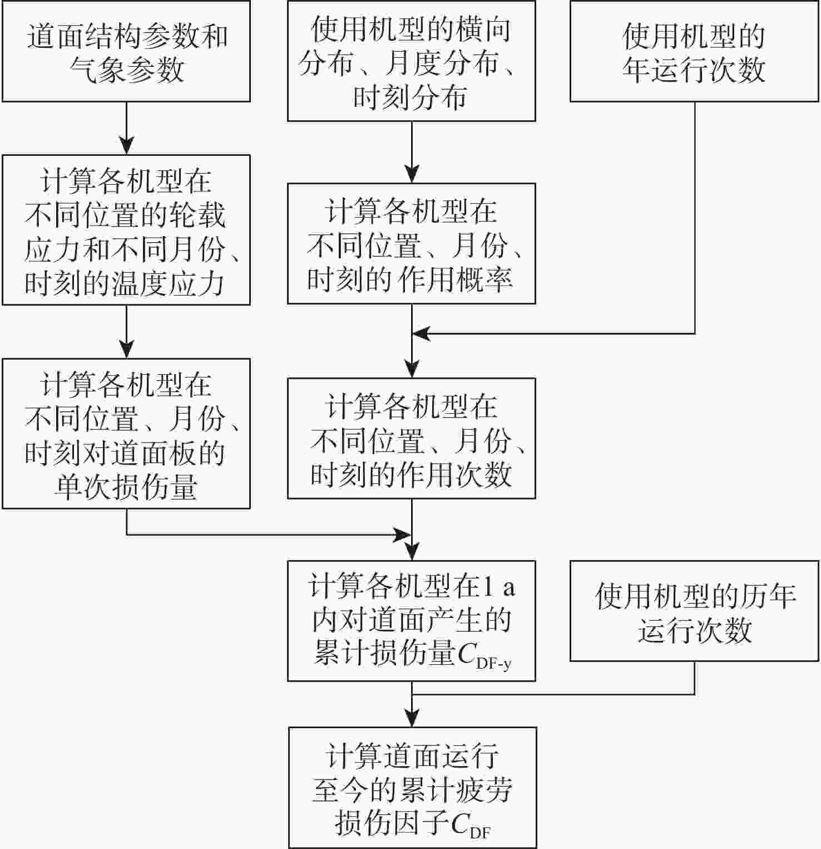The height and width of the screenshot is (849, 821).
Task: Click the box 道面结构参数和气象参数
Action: tap(126, 51)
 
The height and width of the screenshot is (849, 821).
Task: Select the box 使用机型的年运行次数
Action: tap(694, 51)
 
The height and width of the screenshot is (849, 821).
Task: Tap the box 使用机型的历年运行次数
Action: tap(694, 611)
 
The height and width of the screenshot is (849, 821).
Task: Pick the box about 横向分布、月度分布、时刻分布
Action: tap(411, 61)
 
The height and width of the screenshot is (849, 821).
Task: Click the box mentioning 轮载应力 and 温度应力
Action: tap(126, 230)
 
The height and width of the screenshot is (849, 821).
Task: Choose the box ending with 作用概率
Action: tap(411, 243)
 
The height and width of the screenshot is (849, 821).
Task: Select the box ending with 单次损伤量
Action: tap(126, 433)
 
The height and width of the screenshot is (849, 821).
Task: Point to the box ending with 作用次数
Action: tap(411, 438)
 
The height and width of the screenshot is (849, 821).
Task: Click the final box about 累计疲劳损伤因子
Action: tap(412, 787)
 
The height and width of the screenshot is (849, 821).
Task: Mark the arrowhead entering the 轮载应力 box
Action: tap(127, 146)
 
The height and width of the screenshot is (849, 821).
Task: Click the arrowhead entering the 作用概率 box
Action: tap(412, 174)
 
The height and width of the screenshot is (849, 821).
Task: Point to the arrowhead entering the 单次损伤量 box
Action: tap(127, 350)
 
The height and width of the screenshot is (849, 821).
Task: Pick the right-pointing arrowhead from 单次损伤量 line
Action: tap(402, 535)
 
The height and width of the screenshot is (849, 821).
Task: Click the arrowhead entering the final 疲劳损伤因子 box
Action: tap(412, 718)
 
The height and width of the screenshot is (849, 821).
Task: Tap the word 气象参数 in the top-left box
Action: tap(127, 70)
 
